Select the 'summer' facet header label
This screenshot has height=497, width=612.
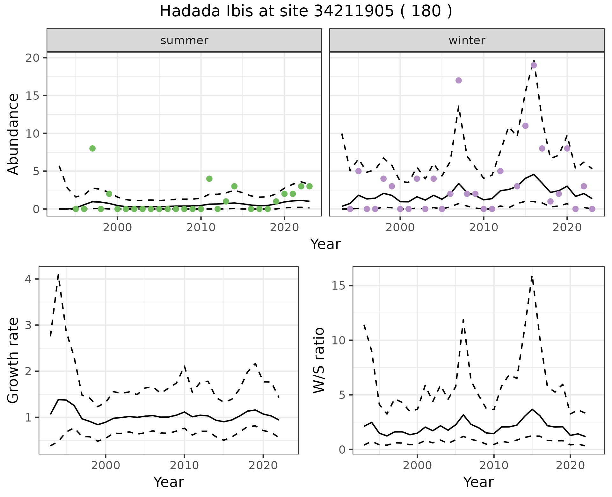click(x=184, y=40)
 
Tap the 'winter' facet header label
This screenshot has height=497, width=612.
click(x=467, y=40)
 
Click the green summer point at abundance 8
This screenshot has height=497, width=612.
click(x=92, y=148)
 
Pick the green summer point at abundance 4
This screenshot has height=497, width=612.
click(x=209, y=179)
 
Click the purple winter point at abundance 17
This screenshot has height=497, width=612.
click(x=459, y=80)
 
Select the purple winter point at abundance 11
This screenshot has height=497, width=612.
click(x=526, y=126)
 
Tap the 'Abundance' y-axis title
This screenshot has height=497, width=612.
click(x=13, y=134)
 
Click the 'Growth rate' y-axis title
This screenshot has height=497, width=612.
click(x=13, y=360)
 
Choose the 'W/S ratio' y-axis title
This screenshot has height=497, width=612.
click(x=319, y=360)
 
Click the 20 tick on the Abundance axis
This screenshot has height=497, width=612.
click(x=35, y=58)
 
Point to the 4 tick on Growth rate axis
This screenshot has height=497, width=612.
click(x=28, y=279)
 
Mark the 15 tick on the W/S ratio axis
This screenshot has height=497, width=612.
click(x=339, y=286)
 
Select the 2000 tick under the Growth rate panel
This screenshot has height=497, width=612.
click(x=106, y=465)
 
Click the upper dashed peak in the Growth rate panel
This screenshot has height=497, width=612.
click(x=58, y=274)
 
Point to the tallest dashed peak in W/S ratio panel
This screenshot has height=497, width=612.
click(x=532, y=276)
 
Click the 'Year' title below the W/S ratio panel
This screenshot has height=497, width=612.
click(x=478, y=482)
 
